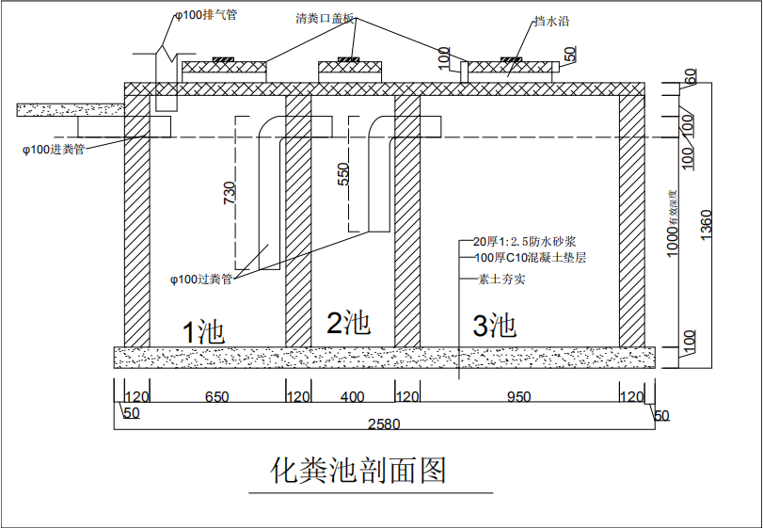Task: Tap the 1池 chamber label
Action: tap(202, 331)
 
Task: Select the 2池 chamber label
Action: tap(348, 324)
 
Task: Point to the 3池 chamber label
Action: tap(494, 327)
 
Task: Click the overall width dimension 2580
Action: tap(383, 424)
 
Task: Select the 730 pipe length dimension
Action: tap(229, 192)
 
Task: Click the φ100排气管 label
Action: tap(206, 16)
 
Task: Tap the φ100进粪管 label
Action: tap(54, 149)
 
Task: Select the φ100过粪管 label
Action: tap(200, 279)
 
